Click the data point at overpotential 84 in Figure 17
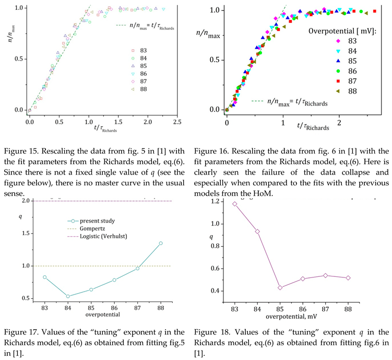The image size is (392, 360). [68, 296]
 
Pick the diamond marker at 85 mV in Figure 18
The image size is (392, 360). [280, 287]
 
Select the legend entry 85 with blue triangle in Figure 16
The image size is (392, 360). [346, 61]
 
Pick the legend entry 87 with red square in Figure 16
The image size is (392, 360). [346, 80]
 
